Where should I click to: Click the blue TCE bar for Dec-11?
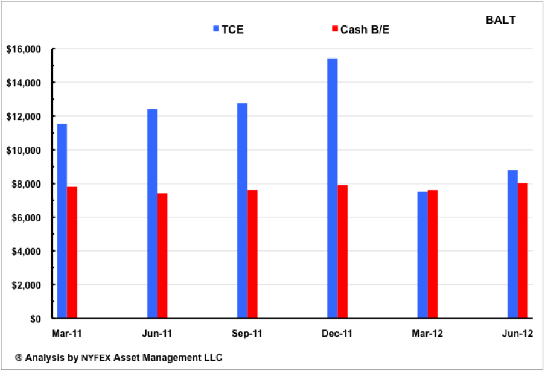coord(332,188)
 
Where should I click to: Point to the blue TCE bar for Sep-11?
coord(242,211)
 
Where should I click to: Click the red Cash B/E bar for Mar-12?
coord(432,254)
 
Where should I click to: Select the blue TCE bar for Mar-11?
coord(62,221)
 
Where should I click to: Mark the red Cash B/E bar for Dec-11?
coord(342,252)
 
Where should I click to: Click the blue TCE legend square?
coord(216,28)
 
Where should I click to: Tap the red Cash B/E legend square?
coord(335,28)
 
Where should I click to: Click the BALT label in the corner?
coord(500,19)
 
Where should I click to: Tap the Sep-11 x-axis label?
coord(247,332)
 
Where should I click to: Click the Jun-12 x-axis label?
coord(517,332)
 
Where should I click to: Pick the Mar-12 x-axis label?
coord(427,332)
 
